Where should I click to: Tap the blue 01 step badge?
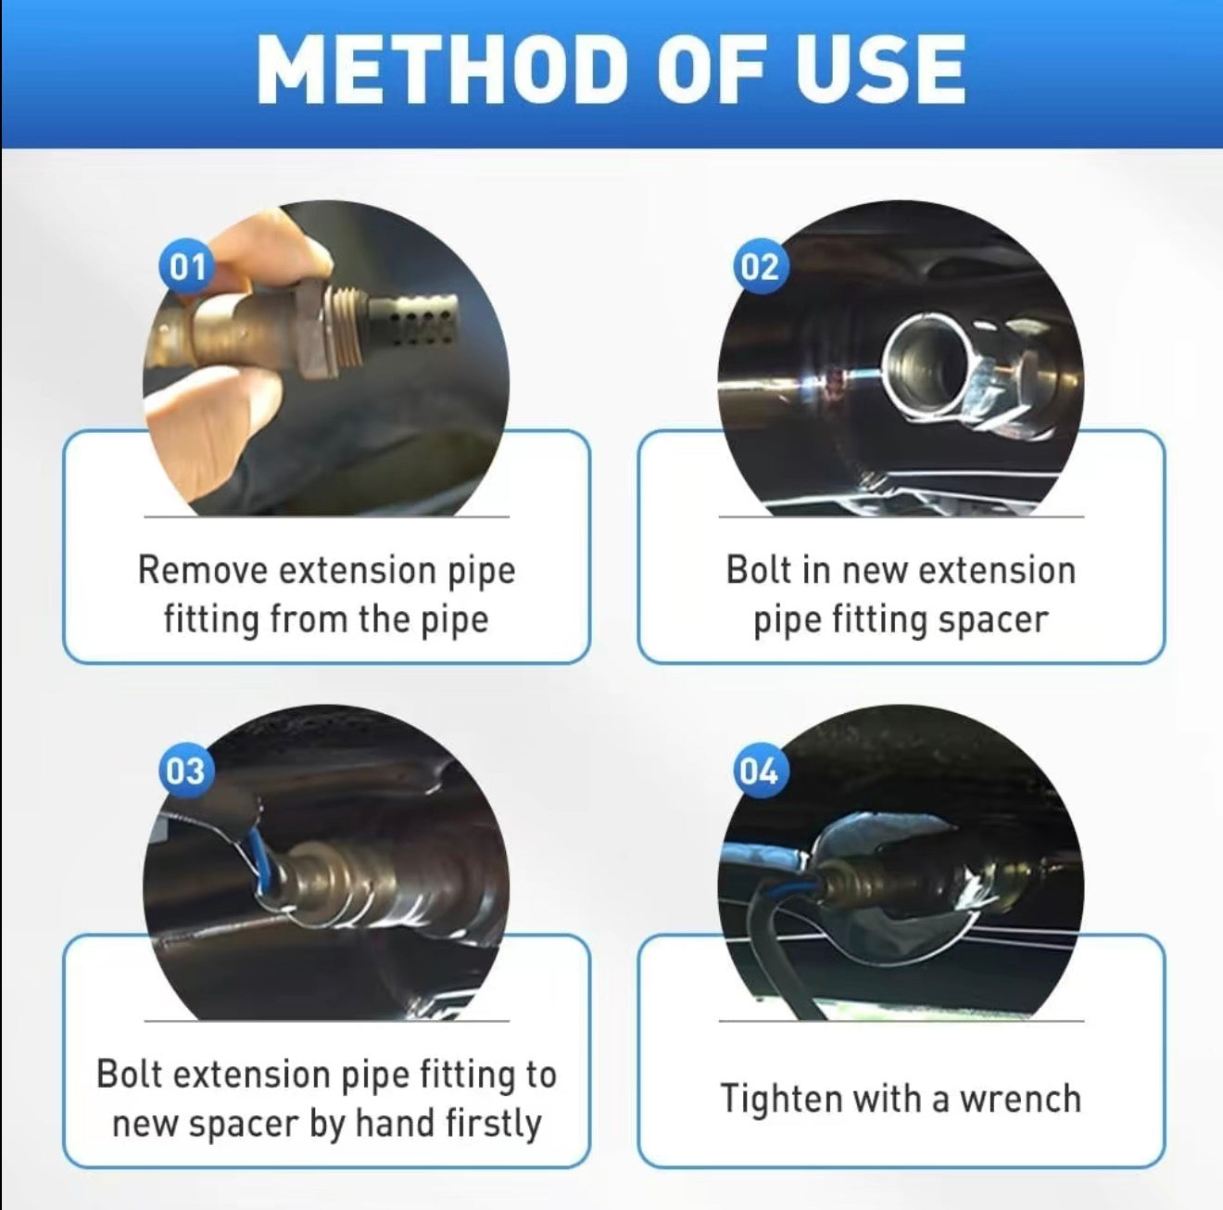pyautogui.click(x=187, y=266)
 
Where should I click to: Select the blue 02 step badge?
pyautogui.click(x=761, y=266)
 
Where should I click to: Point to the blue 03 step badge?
pyautogui.click(x=186, y=771)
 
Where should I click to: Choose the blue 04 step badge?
pyautogui.click(x=761, y=771)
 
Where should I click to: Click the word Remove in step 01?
pyautogui.click(x=203, y=569)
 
